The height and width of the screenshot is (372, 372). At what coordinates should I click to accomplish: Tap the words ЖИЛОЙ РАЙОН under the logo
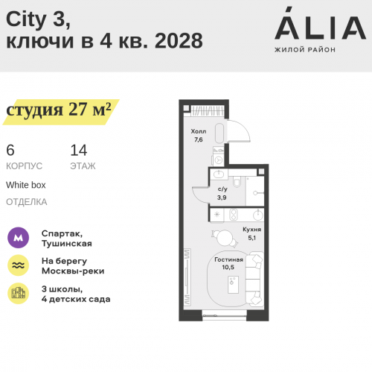306,50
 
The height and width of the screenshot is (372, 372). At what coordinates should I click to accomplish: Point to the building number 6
10,149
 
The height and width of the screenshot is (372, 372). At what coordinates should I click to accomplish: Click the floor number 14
78,149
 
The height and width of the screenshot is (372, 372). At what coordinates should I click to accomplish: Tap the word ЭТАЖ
83,165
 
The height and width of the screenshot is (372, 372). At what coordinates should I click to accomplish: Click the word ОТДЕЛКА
26,201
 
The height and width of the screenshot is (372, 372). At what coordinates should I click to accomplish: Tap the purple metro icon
18,238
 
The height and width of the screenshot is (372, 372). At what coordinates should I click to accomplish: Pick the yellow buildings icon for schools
18,293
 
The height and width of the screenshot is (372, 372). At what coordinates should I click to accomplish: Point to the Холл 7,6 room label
198,135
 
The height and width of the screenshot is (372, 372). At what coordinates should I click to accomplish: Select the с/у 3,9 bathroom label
222,193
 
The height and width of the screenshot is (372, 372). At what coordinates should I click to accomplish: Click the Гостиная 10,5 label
228,262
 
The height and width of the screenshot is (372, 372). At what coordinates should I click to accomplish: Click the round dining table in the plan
224,237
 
